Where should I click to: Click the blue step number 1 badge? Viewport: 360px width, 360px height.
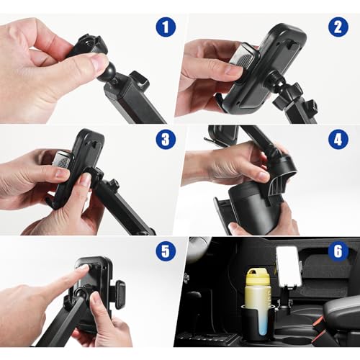click(166, 28)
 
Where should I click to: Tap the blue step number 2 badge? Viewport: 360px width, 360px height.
click(338, 28)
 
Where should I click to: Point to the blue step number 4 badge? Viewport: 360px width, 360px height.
click(338, 138)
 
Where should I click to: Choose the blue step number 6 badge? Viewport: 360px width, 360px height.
click(338, 251)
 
